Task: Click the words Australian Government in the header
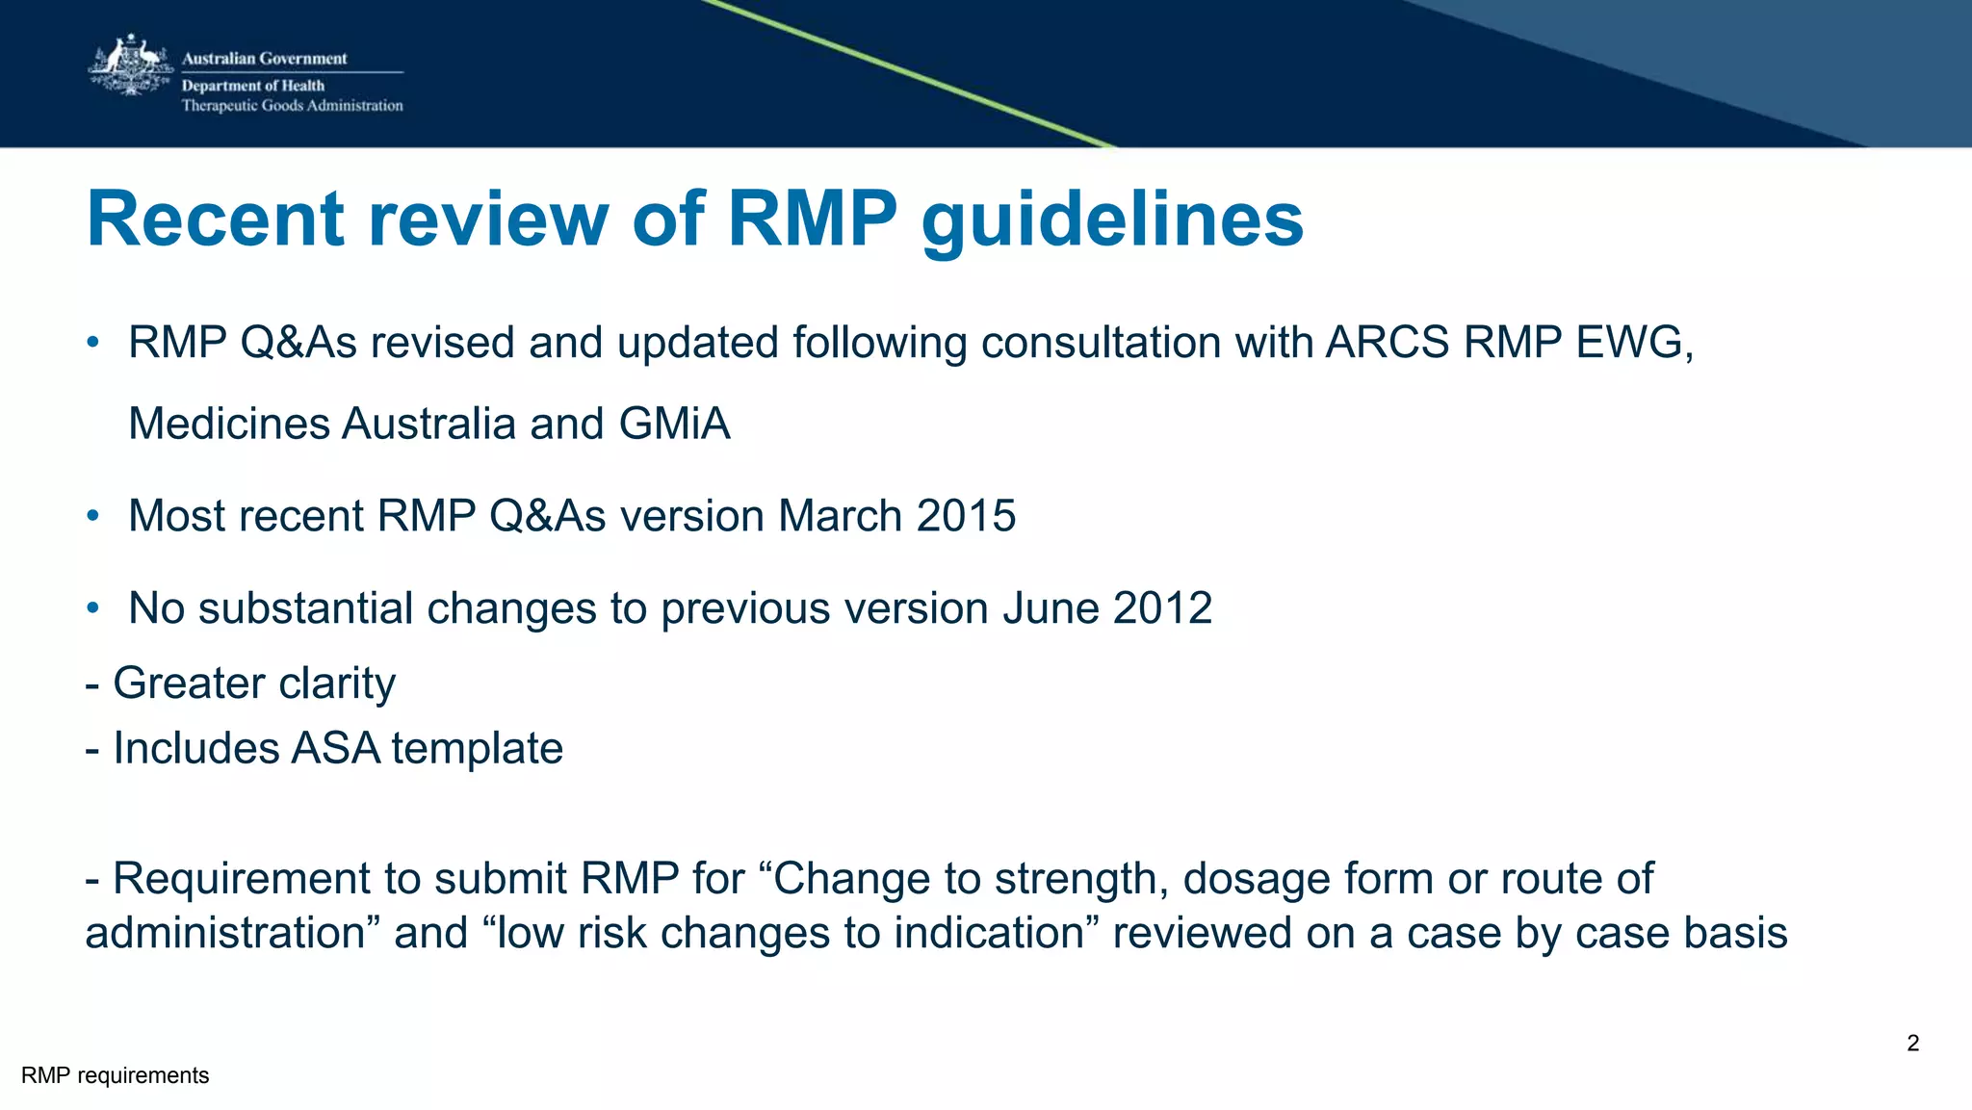[264, 59]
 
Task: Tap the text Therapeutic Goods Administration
[292, 106]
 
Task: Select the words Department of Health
[252, 86]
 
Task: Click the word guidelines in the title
[1112, 219]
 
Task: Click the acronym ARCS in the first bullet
[1387, 343]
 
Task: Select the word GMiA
[674, 424]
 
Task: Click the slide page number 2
[1912, 1044]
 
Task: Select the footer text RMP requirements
[115, 1075]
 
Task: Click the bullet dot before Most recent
[92, 517]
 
